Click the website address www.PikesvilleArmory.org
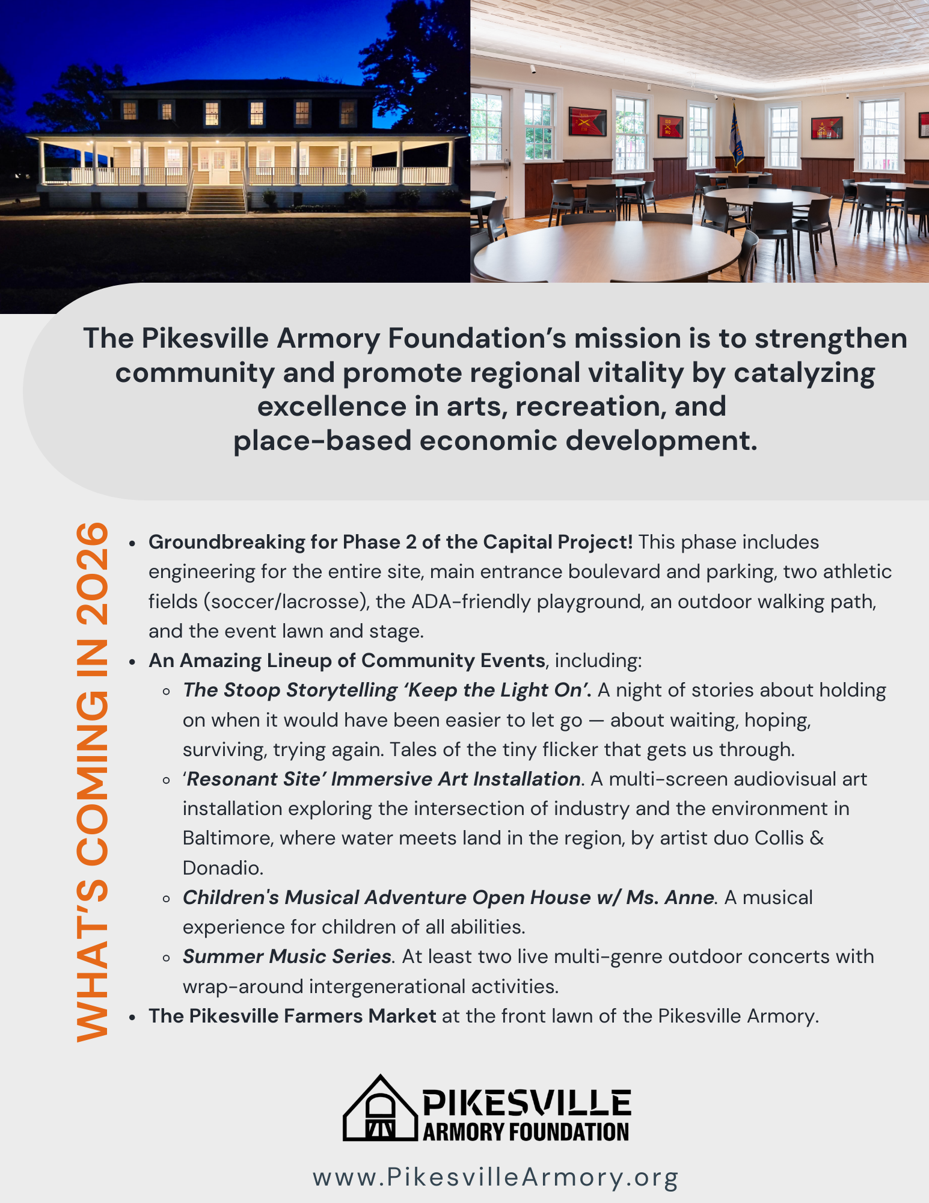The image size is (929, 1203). pos(495,1177)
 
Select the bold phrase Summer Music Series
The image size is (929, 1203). pos(287,956)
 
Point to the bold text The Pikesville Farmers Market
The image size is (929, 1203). pos(292,1016)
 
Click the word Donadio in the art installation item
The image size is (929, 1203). pos(222,868)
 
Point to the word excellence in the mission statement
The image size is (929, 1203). pos(332,407)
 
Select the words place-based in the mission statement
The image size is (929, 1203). pos(322,441)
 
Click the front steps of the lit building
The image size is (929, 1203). pos(217,199)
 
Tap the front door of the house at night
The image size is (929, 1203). pos(218,165)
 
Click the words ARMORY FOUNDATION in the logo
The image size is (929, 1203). pos(526,1131)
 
